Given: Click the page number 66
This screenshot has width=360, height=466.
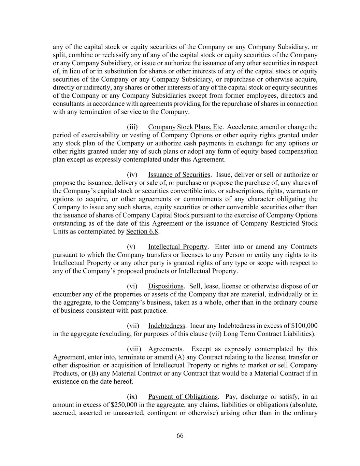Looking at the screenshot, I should click(180, 436).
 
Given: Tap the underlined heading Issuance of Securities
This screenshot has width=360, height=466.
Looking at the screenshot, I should click(179, 175).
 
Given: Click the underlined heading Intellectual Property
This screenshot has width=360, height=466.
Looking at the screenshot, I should click(177, 247).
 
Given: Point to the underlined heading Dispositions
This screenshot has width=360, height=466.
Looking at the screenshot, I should click(165, 286).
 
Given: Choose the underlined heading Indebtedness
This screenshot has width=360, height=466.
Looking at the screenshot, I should click(167, 326).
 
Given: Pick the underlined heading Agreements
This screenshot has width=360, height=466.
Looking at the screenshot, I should click(165, 349).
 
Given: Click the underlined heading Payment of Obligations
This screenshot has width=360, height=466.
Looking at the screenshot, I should click(183, 397).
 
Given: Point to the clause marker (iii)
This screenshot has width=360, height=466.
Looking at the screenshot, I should click(132, 127).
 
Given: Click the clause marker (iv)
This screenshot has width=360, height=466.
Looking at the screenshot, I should click(132, 175).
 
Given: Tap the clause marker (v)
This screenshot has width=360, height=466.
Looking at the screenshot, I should click(131, 247).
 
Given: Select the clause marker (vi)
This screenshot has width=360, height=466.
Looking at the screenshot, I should click(132, 286).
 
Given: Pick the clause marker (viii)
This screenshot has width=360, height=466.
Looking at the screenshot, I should click(133, 349).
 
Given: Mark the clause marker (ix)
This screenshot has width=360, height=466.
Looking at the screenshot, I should click(132, 397).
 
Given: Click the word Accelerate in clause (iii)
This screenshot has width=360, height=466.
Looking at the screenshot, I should click(241, 127).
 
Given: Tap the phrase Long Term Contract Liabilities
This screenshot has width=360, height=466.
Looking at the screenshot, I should click(268, 334).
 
